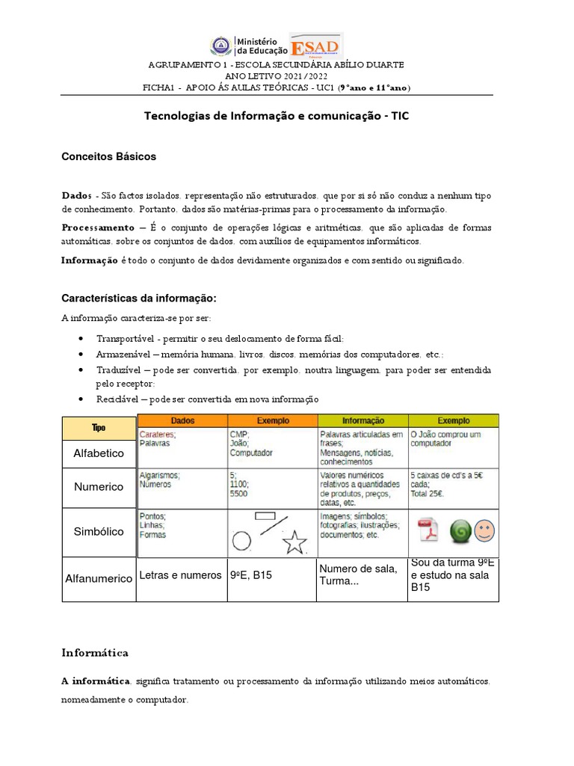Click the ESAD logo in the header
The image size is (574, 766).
tap(315, 48)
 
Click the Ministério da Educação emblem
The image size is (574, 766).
tap(222, 48)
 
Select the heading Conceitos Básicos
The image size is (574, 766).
tap(108, 157)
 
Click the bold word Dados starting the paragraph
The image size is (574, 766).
tap(76, 195)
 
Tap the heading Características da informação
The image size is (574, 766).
tap(138, 298)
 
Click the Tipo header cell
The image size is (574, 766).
tap(99, 428)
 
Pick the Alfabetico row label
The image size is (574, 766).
tap(99, 453)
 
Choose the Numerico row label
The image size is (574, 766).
tap(99, 487)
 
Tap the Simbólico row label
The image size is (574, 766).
tap(99, 531)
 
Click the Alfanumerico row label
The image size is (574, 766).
tap(99, 579)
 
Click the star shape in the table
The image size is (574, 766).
tap(295, 541)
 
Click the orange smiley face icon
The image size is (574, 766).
tap(484, 531)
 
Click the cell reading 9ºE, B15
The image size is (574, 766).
tap(250, 575)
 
